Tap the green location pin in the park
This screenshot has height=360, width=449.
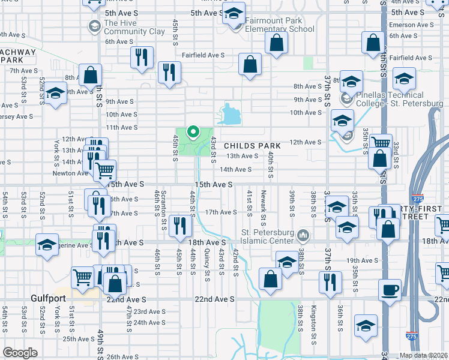click(x=193, y=131)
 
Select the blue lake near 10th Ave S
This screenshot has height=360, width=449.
click(x=229, y=114)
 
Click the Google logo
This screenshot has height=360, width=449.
click(x=20, y=353)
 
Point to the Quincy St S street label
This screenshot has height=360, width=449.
click(x=206, y=265)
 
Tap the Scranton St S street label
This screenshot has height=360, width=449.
click(x=163, y=209)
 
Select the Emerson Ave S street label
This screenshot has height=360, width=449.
click(x=411, y=25)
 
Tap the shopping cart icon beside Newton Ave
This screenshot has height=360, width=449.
click(x=105, y=170)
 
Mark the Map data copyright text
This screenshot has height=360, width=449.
click(x=423, y=355)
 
